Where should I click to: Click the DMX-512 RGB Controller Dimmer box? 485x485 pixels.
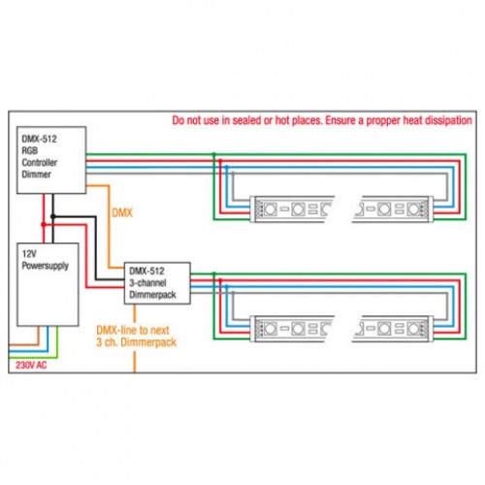[51, 160]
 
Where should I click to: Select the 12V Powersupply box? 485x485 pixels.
[48, 284]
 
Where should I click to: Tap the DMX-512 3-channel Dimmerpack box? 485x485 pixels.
[157, 283]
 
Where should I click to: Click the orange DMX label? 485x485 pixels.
[122, 212]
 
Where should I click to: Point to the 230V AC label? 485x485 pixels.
[31, 366]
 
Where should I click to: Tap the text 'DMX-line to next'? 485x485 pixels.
[133, 330]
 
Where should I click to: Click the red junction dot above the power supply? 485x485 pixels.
[44, 224]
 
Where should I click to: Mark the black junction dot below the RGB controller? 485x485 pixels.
[53, 216]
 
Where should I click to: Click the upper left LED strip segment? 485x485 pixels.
[292, 209]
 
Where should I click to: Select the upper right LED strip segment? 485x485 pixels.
[393, 209]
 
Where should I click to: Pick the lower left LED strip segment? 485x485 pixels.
[292, 329]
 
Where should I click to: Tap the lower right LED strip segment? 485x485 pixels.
[393, 329]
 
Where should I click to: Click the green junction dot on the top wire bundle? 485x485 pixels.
[213, 154]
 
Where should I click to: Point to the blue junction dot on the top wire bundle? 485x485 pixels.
[226, 167]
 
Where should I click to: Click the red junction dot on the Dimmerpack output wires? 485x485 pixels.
[220, 280]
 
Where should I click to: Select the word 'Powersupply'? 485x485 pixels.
[46, 266]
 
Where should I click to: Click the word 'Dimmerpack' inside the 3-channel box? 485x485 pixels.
[152, 295]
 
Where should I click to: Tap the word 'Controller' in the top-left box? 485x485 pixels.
[40, 162]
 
